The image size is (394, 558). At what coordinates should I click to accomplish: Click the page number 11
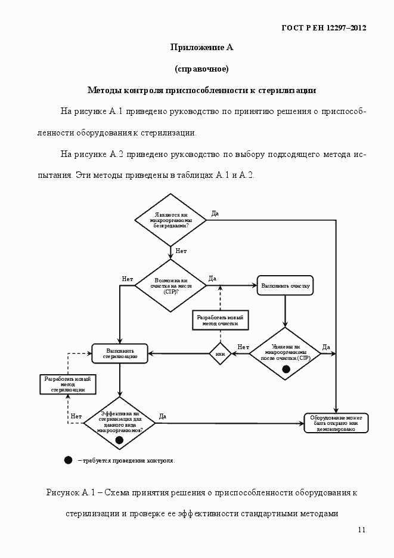pos(362,530)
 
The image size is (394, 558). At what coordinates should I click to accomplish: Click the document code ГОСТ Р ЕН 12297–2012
pos(323,28)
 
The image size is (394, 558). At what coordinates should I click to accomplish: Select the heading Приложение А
pos(197,48)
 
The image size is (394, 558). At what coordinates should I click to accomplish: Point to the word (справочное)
pos(201,69)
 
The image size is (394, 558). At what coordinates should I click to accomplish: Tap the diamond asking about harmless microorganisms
pos(170,220)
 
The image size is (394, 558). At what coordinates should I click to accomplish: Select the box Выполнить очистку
pos(286,285)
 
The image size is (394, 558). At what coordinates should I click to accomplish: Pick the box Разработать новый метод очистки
pos(221,320)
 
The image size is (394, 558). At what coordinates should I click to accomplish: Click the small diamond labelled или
pos(219,354)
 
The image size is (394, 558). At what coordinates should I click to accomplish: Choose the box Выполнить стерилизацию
pos(120,353)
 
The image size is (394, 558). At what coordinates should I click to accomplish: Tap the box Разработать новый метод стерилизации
pos(68,384)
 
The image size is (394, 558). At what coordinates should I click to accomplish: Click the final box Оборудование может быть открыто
pos(336,423)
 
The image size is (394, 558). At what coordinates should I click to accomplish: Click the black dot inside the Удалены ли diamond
pos(286,369)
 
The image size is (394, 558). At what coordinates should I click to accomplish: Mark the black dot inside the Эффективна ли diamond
pos(119,440)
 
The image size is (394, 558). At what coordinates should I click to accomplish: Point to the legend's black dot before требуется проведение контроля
pos(68,460)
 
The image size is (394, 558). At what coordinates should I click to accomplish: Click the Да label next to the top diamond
pos(215,213)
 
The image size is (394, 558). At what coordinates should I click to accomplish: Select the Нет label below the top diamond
pos(181,251)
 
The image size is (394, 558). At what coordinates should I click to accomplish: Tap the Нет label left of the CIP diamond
pos(127,279)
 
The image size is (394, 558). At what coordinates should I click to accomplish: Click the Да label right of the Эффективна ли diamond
pos(162,416)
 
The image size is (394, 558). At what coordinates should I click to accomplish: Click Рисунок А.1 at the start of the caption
pos(71,492)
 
